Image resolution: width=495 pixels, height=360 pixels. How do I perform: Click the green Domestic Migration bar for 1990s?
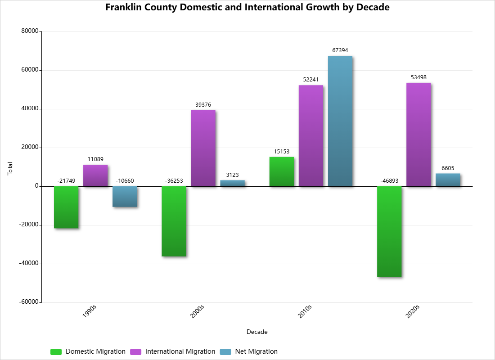[x=66, y=207]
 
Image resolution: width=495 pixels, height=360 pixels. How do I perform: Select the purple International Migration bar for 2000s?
[x=203, y=148]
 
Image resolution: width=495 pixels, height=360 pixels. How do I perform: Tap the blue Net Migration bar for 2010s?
[x=340, y=121]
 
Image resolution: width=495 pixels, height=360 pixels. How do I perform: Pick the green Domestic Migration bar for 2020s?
[x=389, y=231]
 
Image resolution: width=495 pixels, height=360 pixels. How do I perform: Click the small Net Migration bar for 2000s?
[x=232, y=183]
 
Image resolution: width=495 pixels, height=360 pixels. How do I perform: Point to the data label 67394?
[x=340, y=50]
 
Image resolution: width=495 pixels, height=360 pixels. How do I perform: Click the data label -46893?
[x=389, y=181]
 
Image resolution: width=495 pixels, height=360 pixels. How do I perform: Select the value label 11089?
[x=95, y=159]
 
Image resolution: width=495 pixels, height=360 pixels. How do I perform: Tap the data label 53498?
[x=418, y=77]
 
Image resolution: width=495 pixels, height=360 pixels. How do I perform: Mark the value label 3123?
[x=232, y=175]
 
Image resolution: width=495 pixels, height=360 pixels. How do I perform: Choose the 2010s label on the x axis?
[x=305, y=311]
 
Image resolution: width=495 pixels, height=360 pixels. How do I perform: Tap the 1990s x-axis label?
[x=90, y=311]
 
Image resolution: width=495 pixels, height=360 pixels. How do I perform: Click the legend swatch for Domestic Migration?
[x=56, y=351]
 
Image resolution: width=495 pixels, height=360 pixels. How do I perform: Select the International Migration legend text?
[x=180, y=351]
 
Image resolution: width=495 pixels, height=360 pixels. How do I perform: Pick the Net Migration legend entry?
[x=256, y=351]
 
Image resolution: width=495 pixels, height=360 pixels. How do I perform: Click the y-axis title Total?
[x=10, y=169]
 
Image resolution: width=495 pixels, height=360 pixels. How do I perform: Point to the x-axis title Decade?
[x=257, y=332]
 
